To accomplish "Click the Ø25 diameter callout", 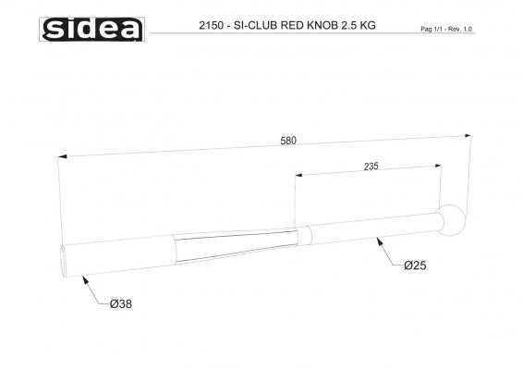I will click(x=415, y=265).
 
